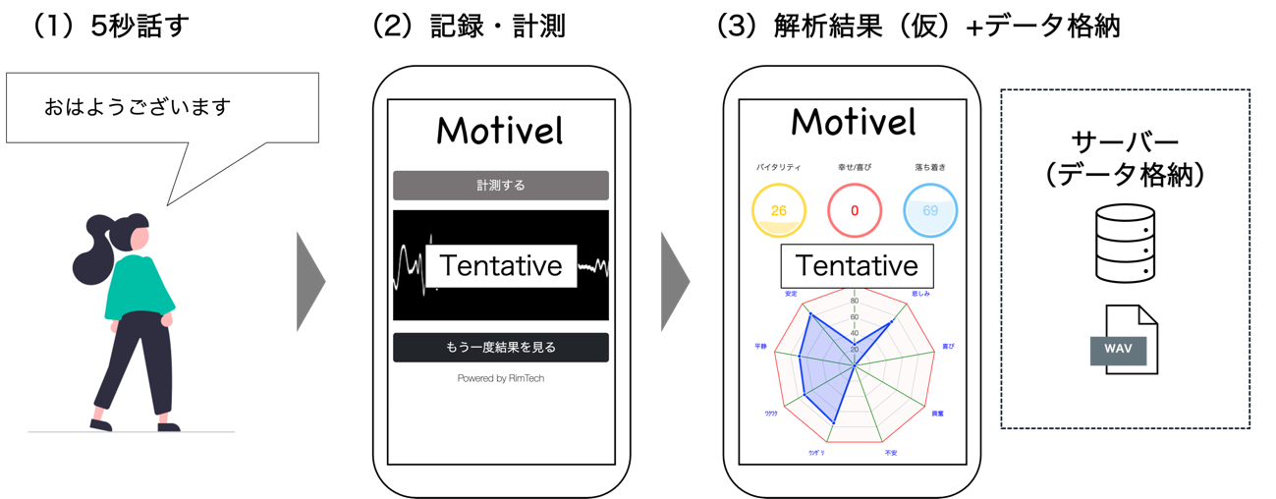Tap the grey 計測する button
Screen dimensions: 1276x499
(x=501, y=185)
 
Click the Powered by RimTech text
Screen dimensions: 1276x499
(x=501, y=378)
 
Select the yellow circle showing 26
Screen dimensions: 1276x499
(x=779, y=210)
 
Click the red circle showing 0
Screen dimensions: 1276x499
(x=855, y=210)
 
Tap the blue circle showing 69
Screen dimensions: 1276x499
(x=930, y=210)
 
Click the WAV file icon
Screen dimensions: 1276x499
(x=1124, y=340)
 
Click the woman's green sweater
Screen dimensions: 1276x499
(x=139, y=289)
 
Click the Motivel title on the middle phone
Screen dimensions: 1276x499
(x=501, y=131)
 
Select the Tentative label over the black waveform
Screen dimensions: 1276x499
(x=501, y=265)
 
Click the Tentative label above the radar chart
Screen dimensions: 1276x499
(x=857, y=265)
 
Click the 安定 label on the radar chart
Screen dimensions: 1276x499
(x=791, y=294)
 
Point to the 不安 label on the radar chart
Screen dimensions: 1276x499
(x=891, y=453)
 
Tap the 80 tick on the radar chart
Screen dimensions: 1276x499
(x=855, y=301)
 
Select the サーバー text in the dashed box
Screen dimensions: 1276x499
(x=1125, y=140)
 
